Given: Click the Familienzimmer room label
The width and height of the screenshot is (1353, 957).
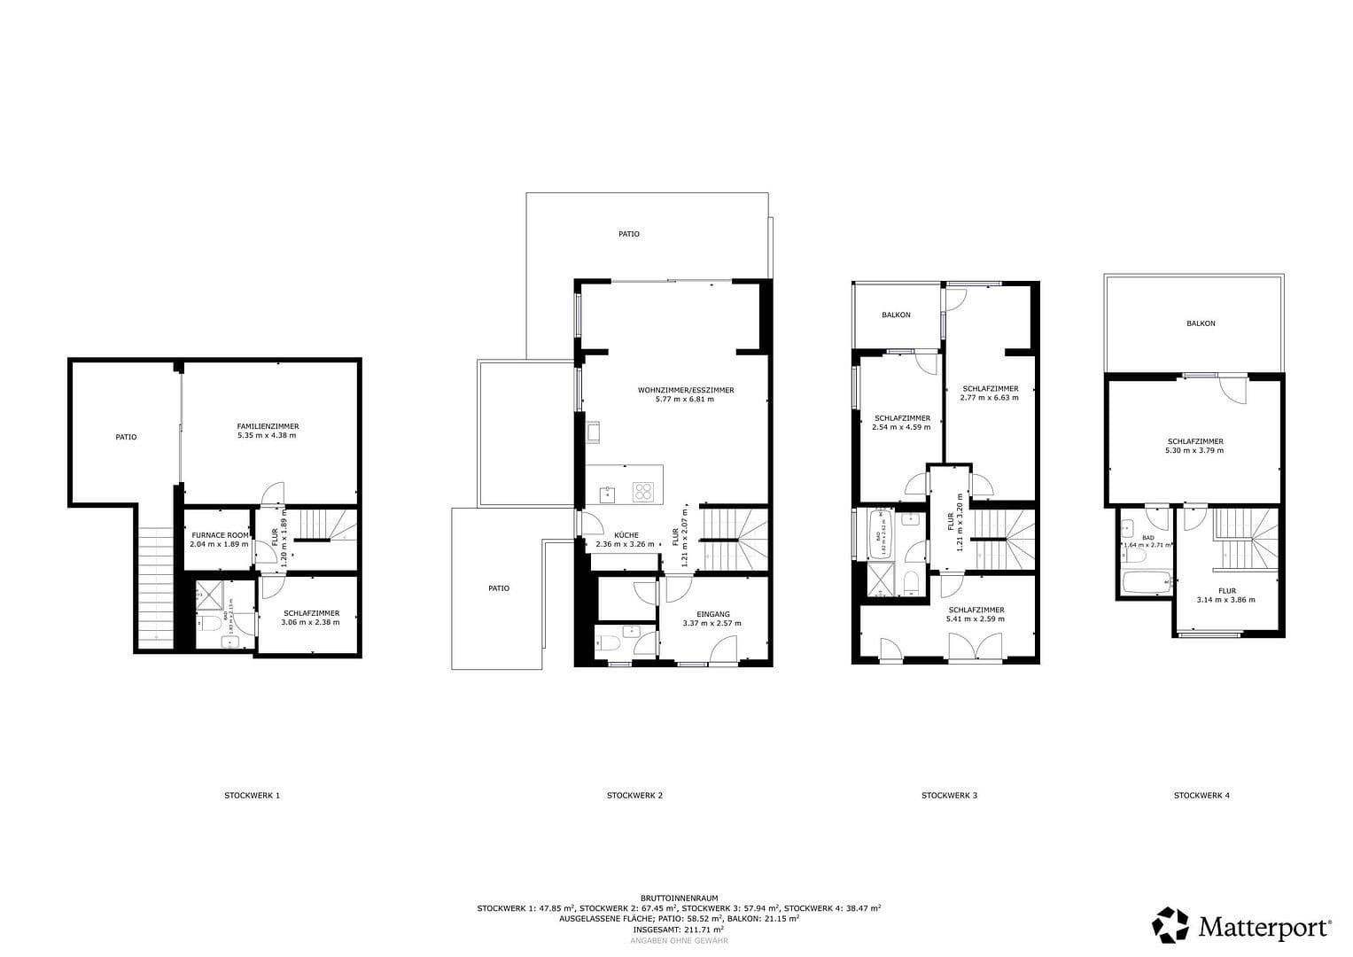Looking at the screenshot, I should [x=267, y=426].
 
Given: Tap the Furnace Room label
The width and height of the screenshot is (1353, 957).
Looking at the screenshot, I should [x=219, y=535].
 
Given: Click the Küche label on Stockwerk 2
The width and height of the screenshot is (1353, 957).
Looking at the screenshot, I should [x=626, y=535].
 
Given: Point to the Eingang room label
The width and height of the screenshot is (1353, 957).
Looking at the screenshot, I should [x=712, y=614].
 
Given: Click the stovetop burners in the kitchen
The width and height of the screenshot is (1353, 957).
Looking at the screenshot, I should [x=643, y=492].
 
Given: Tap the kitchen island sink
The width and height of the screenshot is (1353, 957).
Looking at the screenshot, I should [x=608, y=493].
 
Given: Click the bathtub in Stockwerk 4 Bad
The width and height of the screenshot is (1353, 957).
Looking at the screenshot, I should [x=1147, y=584].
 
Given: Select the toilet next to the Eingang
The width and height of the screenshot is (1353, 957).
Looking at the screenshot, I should [x=607, y=646].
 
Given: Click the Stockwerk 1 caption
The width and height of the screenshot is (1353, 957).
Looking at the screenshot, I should [x=252, y=796].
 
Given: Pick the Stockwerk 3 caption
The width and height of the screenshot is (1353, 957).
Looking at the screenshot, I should [x=949, y=796].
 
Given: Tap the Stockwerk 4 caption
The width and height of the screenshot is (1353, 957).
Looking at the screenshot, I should [x=1201, y=796].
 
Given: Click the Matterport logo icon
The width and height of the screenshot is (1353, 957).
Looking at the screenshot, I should [x=1170, y=924].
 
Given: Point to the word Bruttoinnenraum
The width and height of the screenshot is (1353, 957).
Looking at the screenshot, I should [x=679, y=898].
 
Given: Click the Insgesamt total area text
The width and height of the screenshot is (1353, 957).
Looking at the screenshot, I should [x=678, y=930].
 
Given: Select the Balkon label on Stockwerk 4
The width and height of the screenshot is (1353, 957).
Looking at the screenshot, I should [x=1201, y=323].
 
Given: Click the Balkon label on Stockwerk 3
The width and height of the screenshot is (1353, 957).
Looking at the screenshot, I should [x=896, y=315].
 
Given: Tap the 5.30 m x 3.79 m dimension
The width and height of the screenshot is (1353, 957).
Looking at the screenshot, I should [x=1194, y=450].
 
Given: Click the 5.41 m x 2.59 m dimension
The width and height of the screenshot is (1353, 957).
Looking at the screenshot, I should [x=976, y=619].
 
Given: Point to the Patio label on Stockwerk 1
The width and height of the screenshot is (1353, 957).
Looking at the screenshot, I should [x=126, y=437].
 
